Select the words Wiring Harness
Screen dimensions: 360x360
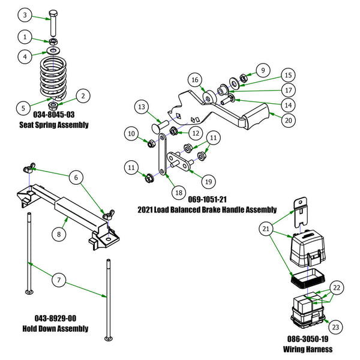tap(307, 349)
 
